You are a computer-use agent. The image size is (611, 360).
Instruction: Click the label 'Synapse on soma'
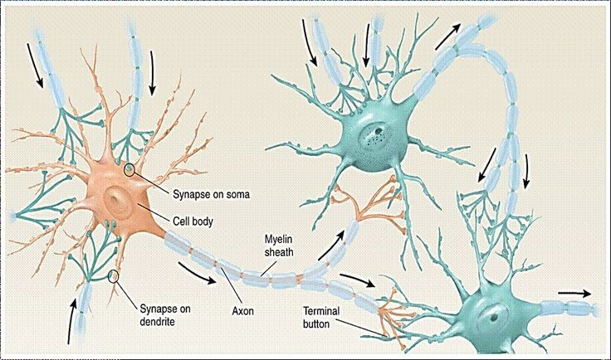pos(211,194)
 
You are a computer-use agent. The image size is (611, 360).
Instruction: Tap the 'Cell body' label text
pos(193,221)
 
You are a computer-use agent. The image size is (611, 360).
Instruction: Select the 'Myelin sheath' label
pos(279,246)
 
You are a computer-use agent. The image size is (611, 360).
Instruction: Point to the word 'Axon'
pos(242,311)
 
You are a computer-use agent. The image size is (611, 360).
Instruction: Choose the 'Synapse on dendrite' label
pos(165,315)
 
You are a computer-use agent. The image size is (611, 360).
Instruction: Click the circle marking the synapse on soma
pos(129,169)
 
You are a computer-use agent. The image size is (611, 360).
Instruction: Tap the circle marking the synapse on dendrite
pos(113,275)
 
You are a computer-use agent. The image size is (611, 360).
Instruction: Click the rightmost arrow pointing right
pos(574,294)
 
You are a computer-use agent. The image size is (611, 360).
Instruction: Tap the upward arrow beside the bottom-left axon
pos(71,322)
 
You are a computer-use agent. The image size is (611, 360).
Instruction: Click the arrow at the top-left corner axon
pos(35,65)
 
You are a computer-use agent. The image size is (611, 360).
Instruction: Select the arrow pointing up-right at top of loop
pos(448,36)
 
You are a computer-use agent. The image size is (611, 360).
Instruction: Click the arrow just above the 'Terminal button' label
pos(357,280)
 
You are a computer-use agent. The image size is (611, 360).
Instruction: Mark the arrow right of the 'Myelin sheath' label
pos(331,246)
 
